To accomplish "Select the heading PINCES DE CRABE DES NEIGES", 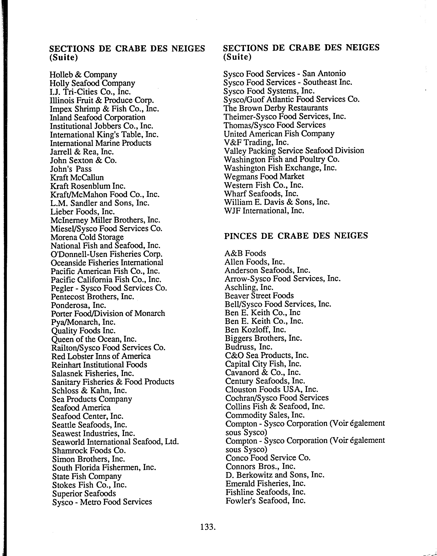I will pyautogui.click(x=296, y=235).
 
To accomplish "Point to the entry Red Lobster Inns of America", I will pyautogui.click(x=101, y=356).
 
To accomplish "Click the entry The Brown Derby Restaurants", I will pyautogui.click(x=276, y=108).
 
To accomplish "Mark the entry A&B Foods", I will pyautogui.click(x=245, y=253).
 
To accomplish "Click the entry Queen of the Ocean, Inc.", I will pyautogui.click(x=94, y=339).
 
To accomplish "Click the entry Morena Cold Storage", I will pyautogui.click(x=87, y=237).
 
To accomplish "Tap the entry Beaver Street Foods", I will pyautogui.click(x=259, y=296).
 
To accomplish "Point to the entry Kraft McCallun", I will pyautogui.click(x=77, y=177).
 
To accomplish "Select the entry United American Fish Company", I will pyautogui.click(x=279, y=134).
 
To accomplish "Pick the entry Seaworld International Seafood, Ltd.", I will pyautogui.click(x=115, y=442).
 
